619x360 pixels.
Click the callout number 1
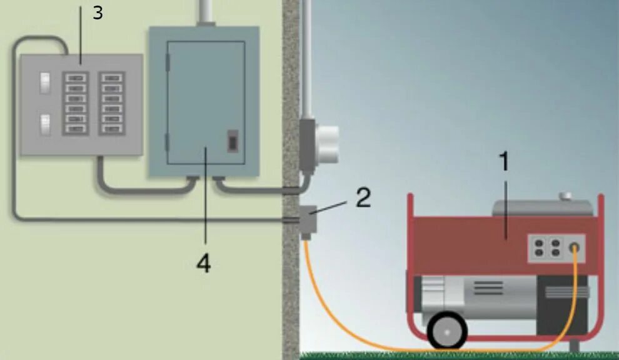tap(504, 162)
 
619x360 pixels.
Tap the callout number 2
tap(363, 197)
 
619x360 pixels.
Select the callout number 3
tap(98, 12)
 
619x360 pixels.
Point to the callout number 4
tap(203, 264)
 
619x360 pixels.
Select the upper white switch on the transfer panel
tap(44, 82)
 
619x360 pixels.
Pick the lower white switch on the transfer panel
tap(44, 124)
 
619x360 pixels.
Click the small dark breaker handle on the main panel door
tap(233, 141)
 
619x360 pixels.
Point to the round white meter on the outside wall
tap(328, 143)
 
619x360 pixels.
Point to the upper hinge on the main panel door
tap(167, 62)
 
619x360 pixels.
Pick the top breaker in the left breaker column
tap(76, 78)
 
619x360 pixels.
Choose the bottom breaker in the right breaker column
tap(113, 129)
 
